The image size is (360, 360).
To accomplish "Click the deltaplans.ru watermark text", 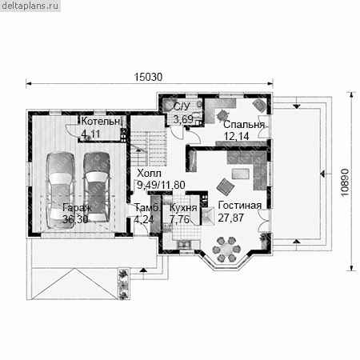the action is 30,6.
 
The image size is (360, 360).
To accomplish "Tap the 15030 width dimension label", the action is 148,77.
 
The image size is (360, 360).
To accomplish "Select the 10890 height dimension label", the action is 345,182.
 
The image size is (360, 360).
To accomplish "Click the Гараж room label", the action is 78,207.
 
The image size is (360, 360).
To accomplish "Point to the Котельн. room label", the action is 101,122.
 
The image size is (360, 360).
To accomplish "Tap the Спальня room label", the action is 244,125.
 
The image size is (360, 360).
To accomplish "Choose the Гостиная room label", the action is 240,206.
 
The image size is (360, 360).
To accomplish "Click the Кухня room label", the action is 183,207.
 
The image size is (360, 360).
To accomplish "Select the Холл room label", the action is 149,174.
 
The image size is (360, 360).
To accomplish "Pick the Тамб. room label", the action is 147,207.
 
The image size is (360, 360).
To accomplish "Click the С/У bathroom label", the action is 182,106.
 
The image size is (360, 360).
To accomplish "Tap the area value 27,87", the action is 230,218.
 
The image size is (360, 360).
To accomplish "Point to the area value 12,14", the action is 236,136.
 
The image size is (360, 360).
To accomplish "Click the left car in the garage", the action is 61,190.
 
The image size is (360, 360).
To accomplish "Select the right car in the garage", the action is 97,187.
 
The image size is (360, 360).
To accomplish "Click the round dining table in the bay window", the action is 226,249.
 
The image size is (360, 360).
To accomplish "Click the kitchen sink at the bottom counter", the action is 183,244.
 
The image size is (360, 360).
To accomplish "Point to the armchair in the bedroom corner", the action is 258,105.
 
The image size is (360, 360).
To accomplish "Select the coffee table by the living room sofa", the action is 241,174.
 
